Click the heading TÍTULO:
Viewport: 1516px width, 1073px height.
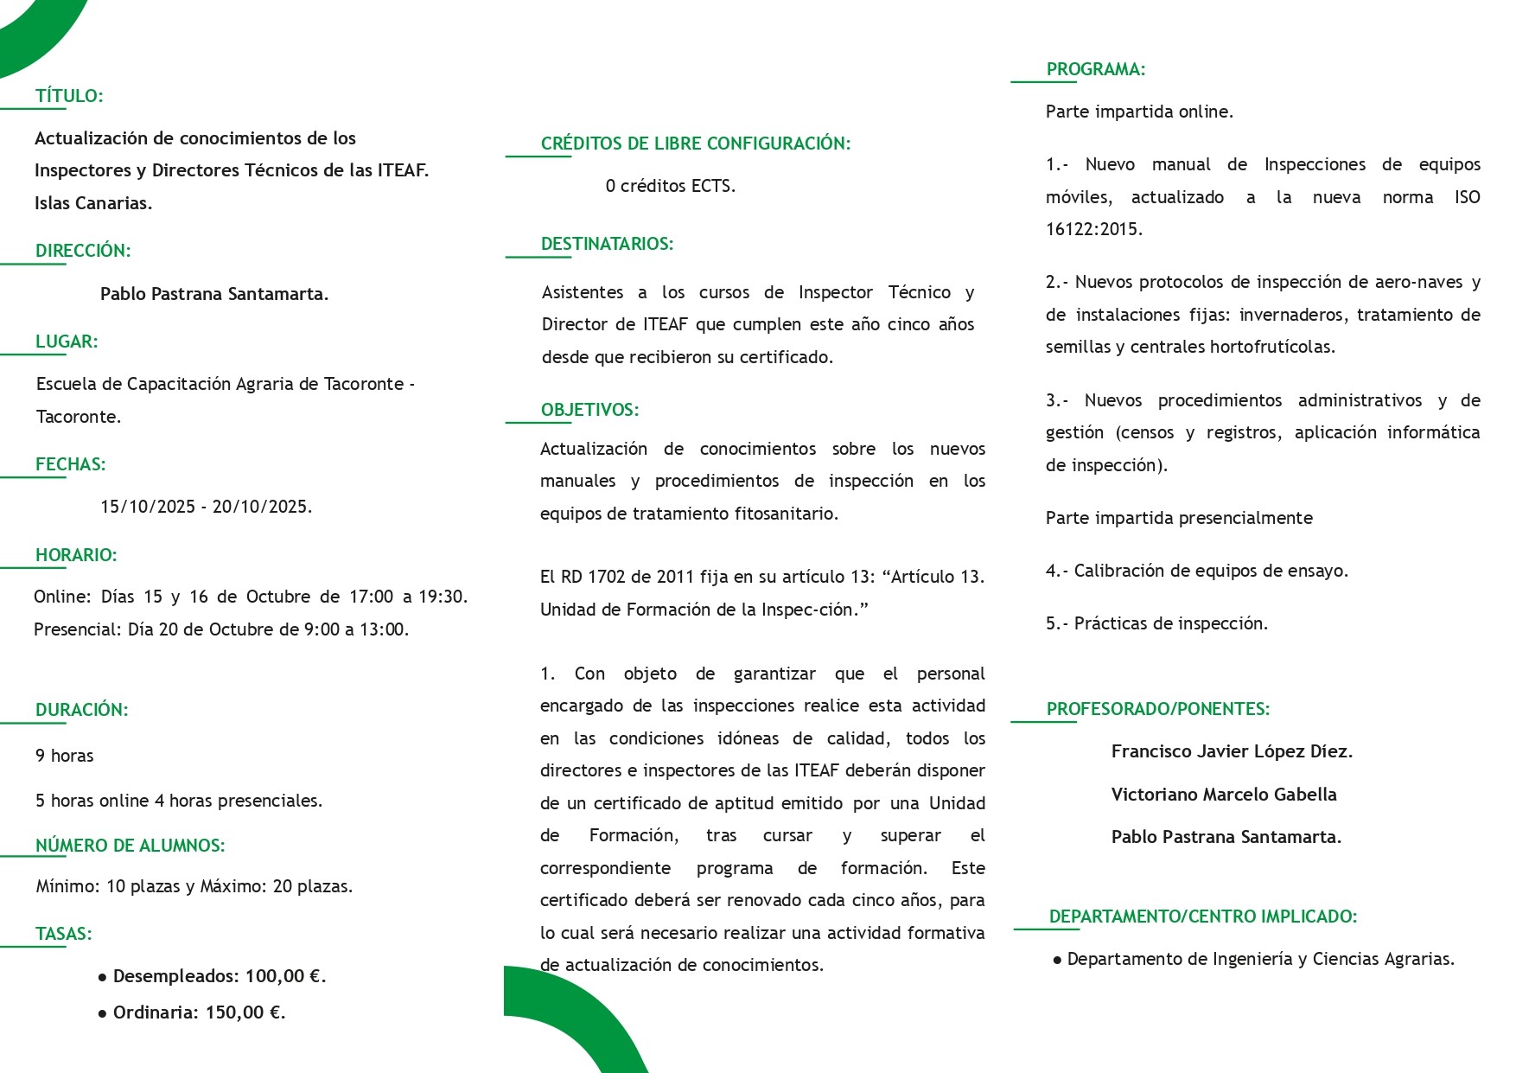coord(69,96)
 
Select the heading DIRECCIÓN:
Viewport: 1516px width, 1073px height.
coord(83,251)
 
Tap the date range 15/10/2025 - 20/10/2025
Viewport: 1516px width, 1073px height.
coord(206,507)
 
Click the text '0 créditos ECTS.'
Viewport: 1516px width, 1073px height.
coord(670,186)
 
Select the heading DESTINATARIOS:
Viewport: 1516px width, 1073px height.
coord(607,244)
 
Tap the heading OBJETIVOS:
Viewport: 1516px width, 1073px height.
coord(589,410)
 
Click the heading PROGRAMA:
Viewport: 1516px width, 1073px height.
coord(1095,69)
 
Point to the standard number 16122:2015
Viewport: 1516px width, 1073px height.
coord(1093,229)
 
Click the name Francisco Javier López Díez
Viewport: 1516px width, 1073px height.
coord(1232,751)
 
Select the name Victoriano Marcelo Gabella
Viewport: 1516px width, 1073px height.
coord(1224,795)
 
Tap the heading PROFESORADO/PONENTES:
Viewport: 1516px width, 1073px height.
coord(1157,709)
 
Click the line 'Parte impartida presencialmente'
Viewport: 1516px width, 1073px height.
coord(1179,518)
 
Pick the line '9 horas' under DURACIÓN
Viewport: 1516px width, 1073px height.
coord(65,756)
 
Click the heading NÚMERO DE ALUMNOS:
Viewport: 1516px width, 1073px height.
coord(130,846)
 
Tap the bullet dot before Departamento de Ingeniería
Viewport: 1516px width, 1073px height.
coord(1057,960)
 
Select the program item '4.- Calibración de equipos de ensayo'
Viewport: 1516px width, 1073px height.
coord(1196,571)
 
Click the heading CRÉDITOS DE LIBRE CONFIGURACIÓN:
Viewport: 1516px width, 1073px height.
coord(695,144)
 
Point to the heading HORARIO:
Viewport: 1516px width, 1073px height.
coord(76,555)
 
